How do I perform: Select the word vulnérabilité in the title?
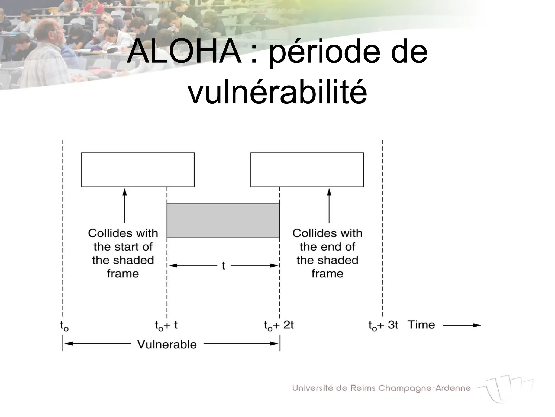pos(277,91)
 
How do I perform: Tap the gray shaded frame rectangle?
pos(223,221)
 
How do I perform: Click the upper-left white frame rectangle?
pos(138,170)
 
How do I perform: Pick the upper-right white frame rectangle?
pos(307,170)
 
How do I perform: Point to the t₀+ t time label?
pos(166,325)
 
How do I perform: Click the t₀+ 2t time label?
pos(279,325)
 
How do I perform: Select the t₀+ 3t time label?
pos(383,325)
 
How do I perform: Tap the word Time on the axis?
pos(421,325)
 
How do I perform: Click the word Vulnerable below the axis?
pos(167,345)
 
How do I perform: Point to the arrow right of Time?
pos(462,325)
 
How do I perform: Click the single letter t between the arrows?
pos(224,266)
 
